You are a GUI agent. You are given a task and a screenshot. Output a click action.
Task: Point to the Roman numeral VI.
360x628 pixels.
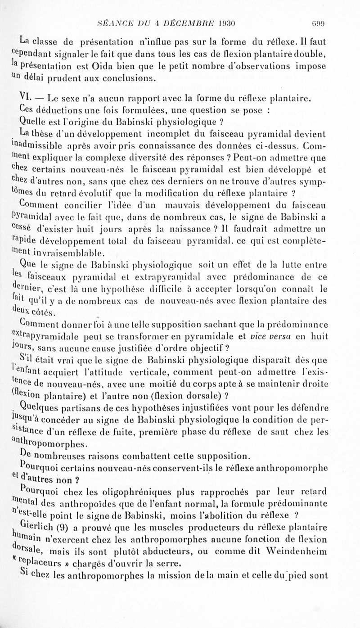pyautogui.click(x=26, y=97)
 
